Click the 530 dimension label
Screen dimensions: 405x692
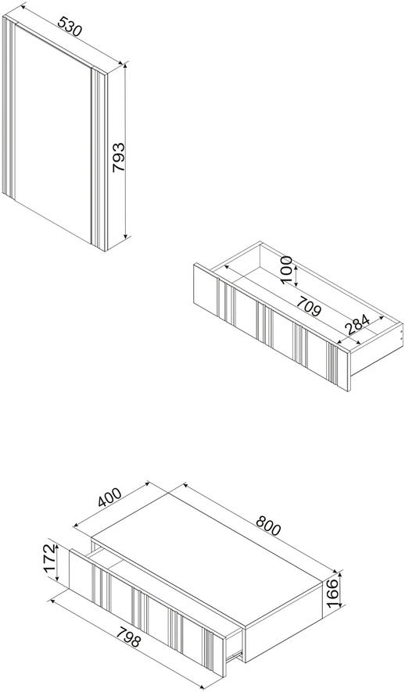click(x=70, y=27)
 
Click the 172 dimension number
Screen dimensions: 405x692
click(x=50, y=558)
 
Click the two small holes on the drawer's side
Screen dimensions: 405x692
click(x=400, y=332)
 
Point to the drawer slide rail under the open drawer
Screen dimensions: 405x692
click(x=234, y=654)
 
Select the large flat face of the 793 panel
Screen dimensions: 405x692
click(x=53, y=133)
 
